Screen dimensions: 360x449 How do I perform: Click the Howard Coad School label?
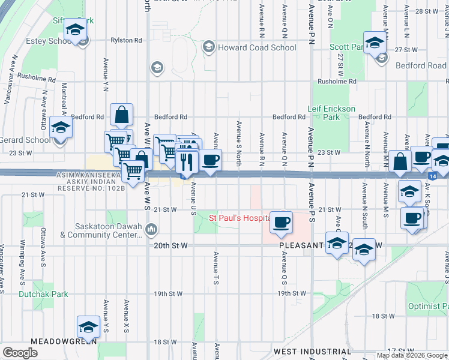256,47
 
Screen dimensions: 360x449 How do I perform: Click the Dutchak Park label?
43,294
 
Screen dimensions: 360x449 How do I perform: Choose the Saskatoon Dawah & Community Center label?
107,231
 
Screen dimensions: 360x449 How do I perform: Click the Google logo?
20,353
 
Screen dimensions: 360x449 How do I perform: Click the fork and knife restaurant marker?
186,161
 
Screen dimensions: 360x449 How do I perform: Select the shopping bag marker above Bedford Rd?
121,115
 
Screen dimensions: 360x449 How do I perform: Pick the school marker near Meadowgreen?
88,328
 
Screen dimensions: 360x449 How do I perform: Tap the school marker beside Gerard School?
61,128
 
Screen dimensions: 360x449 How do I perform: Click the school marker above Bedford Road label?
375,43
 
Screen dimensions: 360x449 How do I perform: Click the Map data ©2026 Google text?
411,355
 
